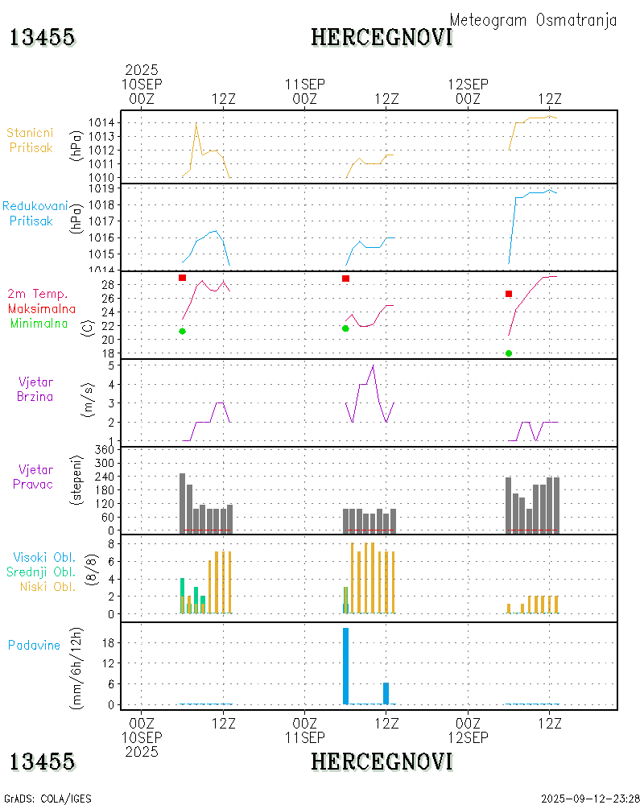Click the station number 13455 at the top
pos(42,37)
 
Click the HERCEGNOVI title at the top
pos(382,37)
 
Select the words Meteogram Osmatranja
pos(533,20)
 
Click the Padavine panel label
pos(35,645)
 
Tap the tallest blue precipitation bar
pos(345,666)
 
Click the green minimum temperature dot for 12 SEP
pos(509,353)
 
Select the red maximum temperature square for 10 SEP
pos(183,278)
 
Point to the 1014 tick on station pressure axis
pos(106,122)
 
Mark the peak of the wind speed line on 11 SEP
pos(373,366)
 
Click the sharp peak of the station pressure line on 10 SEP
pos(196,123)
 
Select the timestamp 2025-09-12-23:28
pos(590,799)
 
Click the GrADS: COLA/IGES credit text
pos(47,799)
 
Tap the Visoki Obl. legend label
pos(44,557)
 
